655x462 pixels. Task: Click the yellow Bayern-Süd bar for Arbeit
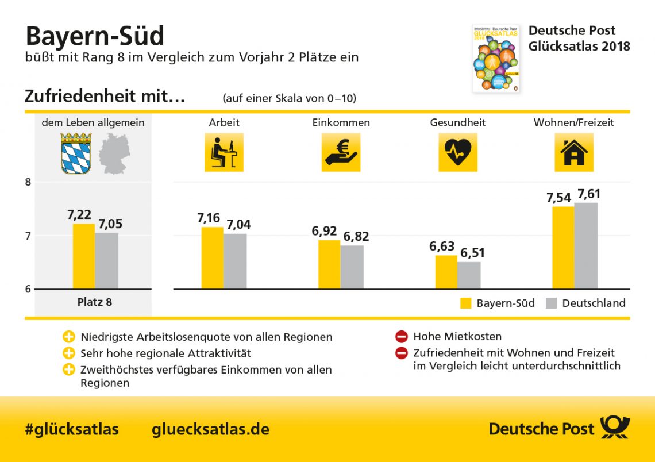coord(212,257)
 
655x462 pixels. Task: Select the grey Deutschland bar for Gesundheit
coord(469,275)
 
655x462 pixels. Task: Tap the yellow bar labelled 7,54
coord(563,247)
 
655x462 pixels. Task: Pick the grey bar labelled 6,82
coord(352,267)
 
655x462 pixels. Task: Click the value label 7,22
coord(79,215)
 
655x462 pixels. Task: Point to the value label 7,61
coord(589,194)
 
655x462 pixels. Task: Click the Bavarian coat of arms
coord(76,153)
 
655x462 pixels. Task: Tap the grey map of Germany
coord(114,153)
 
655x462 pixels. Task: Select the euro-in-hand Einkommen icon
coord(341,152)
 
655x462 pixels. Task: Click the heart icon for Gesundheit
coord(458,152)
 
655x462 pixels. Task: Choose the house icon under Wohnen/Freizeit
coord(574,152)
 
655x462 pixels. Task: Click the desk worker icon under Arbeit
coord(224,152)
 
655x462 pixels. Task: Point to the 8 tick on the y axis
coord(28,182)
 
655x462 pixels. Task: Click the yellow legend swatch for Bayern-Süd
coord(465,303)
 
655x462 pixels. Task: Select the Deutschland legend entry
coord(585,303)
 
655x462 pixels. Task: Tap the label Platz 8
coord(95,302)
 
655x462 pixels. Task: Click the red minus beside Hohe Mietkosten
coord(402,337)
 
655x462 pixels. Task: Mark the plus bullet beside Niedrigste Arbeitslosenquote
coord(69,337)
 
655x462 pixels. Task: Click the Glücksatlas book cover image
coord(495,58)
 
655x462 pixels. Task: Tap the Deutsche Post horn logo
coord(615,428)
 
